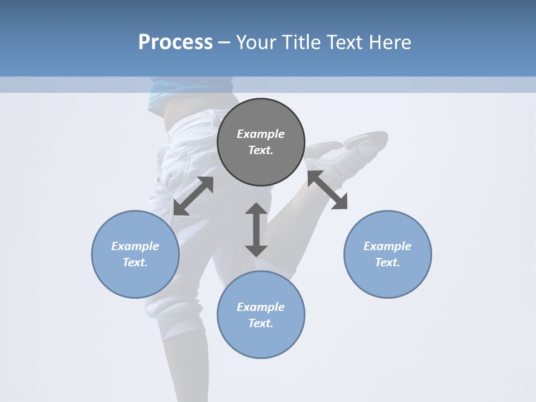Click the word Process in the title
[175, 42]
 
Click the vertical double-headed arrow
[256, 229]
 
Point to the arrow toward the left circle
[193, 196]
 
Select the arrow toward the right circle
[327, 190]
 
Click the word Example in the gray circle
[261, 134]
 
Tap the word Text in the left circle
[135, 262]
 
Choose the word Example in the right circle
[387, 246]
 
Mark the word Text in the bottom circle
[261, 323]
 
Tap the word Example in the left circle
[135, 246]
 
